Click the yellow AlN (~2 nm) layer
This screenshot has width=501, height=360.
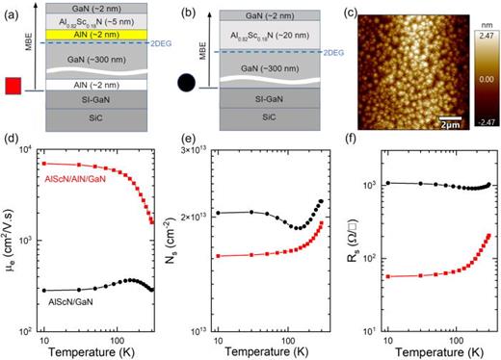[x=92, y=36]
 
